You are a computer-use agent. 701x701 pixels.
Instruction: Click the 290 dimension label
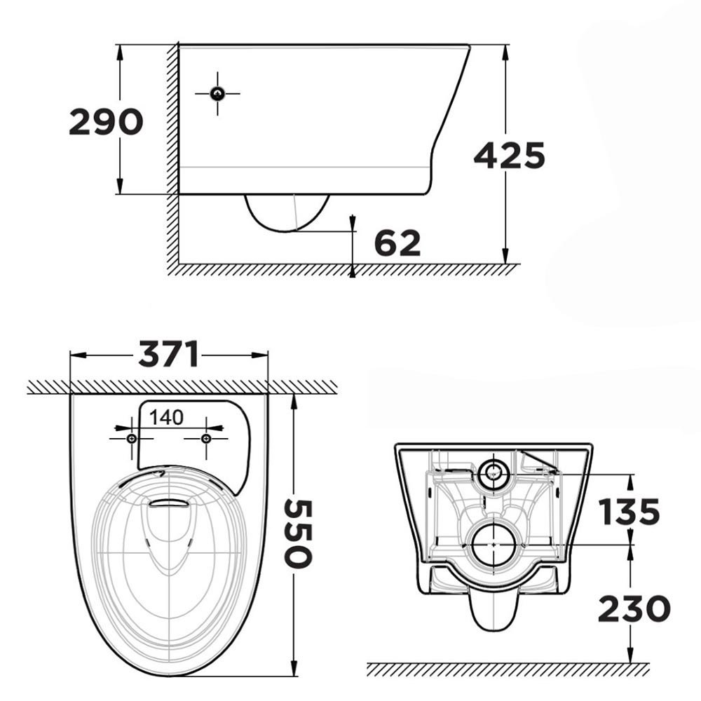coord(106,123)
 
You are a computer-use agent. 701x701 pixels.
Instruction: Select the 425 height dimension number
coord(510,156)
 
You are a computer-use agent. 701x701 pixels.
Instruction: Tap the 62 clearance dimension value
coord(397,243)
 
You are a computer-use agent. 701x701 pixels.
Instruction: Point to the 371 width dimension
coord(168,355)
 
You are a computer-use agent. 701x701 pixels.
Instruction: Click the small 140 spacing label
coord(166,418)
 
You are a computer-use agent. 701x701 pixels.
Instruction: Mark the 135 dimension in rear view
coord(629,512)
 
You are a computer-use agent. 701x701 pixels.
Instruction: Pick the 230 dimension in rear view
coord(634,608)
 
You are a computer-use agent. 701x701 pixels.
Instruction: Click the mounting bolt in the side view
coord(217,93)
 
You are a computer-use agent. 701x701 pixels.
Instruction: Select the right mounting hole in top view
coord(205,438)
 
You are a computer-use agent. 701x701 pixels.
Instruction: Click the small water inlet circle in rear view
coord(494,472)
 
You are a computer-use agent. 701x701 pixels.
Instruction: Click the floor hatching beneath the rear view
coord(505,669)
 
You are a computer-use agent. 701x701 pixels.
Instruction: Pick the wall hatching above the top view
coord(182,387)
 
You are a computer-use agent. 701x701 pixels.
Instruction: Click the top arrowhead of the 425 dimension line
coord(505,49)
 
